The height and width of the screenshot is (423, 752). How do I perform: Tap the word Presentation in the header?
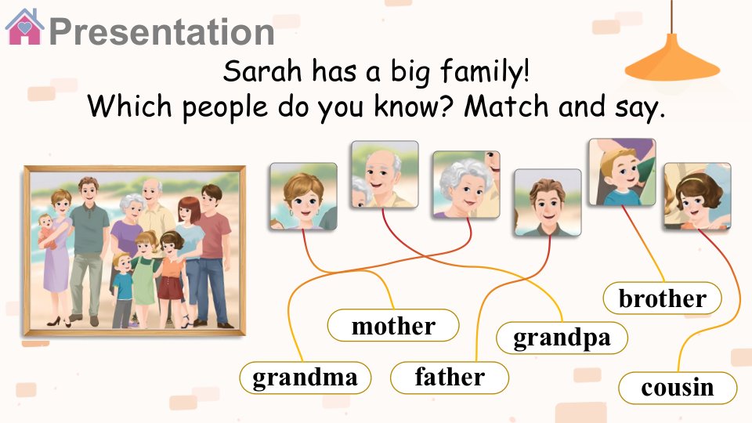[x=161, y=31]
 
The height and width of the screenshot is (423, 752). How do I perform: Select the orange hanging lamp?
[x=672, y=57]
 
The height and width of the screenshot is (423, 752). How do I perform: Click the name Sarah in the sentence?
[x=262, y=71]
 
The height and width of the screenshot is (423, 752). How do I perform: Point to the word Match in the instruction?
[x=506, y=106]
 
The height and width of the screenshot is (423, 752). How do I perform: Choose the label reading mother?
[x=393, y=326]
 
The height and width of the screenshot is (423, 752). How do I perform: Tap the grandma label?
[x=305, y=378]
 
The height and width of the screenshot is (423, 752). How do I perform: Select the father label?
[x=450, y=378]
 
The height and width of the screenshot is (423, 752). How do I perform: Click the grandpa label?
[x=562, y=338]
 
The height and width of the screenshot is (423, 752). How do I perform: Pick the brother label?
[x=663, y=298]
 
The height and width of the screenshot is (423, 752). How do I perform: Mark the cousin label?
[x=678, y=388]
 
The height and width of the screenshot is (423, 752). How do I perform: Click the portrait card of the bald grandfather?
[x=385, y=175]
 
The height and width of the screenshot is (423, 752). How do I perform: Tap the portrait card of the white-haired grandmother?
[x=466, y=185]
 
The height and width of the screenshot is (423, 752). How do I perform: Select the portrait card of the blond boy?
[x=622, y=172]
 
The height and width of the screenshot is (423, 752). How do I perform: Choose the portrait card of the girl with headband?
[x=697, y=196]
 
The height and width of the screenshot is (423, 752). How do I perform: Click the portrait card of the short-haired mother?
[x=303, y=196]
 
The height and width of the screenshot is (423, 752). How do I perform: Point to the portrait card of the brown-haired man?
[x=548, y=202]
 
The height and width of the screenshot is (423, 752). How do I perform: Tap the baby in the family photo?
[x=46, y=230]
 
